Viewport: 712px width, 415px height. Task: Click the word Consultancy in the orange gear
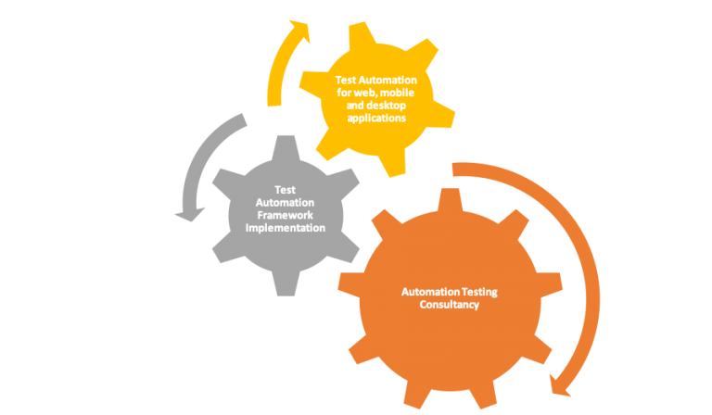[449, 305]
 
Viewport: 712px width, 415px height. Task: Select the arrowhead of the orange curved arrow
[562, 384]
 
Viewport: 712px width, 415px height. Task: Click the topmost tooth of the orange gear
[449, 198]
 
